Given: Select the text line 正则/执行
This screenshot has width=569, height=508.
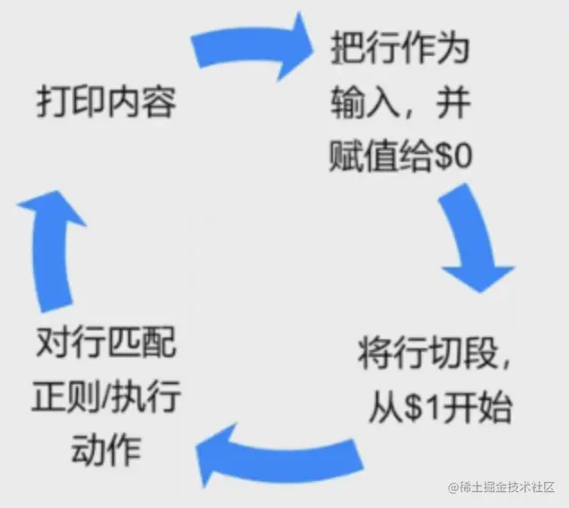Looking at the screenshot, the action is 106,396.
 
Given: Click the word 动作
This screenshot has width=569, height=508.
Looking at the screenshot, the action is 105,449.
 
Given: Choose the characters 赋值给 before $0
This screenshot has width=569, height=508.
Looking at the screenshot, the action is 380,158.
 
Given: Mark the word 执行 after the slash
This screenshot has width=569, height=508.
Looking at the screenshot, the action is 147,396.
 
